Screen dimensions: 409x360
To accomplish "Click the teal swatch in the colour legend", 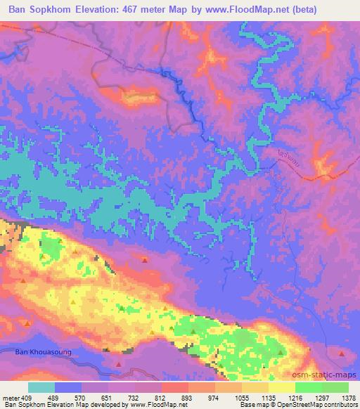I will (x=41, y=387).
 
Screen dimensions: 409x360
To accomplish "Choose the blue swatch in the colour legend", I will (x=69, y=387).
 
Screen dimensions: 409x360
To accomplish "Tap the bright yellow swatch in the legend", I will (x=281, y=387).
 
